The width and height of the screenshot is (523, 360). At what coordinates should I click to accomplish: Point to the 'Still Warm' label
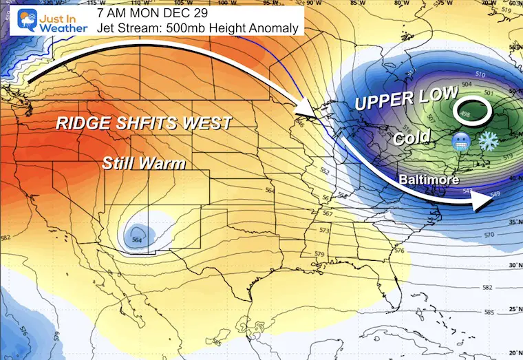pos(145,164)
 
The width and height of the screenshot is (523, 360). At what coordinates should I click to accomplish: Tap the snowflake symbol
pos(489,140)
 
